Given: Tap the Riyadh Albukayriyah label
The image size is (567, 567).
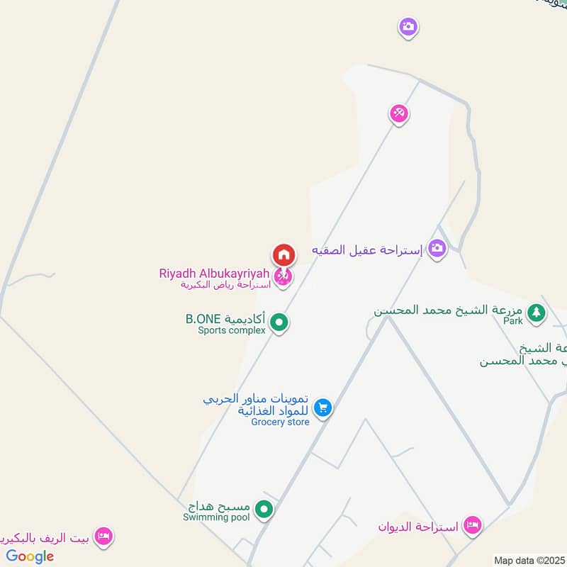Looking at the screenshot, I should point(215,274).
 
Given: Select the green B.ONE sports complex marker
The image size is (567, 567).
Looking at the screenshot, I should point(279,323).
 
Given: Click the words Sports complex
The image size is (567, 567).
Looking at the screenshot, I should point(232,330).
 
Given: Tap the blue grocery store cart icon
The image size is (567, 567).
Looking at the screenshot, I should point(322,408).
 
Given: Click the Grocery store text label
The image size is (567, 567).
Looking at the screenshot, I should point(280,422).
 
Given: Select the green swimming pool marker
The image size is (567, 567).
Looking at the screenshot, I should point(264,509).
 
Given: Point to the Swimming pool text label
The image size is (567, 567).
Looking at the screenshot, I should point(216,518).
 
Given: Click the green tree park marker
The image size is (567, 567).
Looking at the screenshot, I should point(537,312).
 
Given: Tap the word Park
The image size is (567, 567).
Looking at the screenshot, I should point(513,321).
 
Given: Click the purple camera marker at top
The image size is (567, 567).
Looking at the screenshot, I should point(408,28).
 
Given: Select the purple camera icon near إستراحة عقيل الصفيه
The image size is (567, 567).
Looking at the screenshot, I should point(437,248).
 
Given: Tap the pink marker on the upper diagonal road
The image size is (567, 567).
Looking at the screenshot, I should point(399,113).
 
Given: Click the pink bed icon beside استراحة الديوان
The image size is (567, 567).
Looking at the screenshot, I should point(472,525).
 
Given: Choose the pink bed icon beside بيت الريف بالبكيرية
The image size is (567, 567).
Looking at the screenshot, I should point(103,535).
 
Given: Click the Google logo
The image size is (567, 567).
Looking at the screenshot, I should point(30,556).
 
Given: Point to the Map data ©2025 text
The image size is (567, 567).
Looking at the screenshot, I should point(529,561).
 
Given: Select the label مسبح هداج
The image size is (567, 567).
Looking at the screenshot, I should point(219,507).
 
